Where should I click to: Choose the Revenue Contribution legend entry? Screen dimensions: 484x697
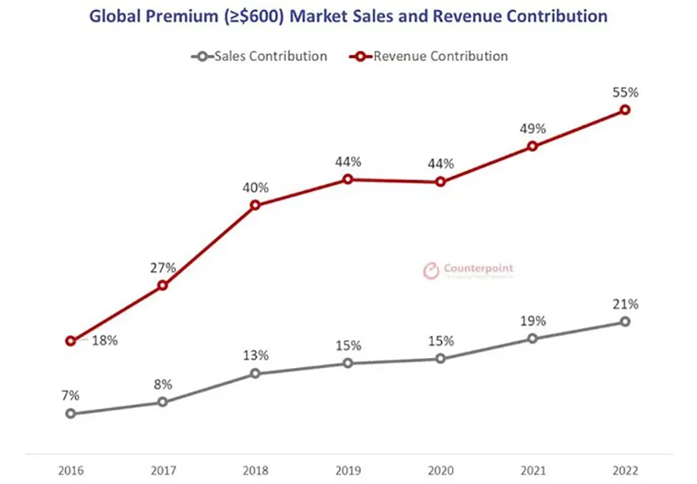[440, 57]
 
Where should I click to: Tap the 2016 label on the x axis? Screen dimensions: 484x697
[71, 470]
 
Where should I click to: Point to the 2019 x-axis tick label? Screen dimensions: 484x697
[348, 470]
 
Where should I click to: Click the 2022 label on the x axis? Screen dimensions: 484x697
[624, 470]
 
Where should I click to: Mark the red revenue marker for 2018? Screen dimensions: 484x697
[255, 204]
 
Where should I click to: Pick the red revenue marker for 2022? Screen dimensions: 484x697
[624, 109]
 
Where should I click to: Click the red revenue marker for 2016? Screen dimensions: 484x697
[71, 340]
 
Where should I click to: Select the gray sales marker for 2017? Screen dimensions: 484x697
[163, 402]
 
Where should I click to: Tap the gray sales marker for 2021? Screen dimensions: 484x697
[533, 338]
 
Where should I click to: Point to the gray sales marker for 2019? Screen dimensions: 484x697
[348, 363]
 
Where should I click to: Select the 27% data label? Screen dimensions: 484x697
[163, 268]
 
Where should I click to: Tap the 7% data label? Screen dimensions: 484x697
[71, 393]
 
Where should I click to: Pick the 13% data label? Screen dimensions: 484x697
[256, 355]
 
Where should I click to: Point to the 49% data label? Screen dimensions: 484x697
[533, 129]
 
